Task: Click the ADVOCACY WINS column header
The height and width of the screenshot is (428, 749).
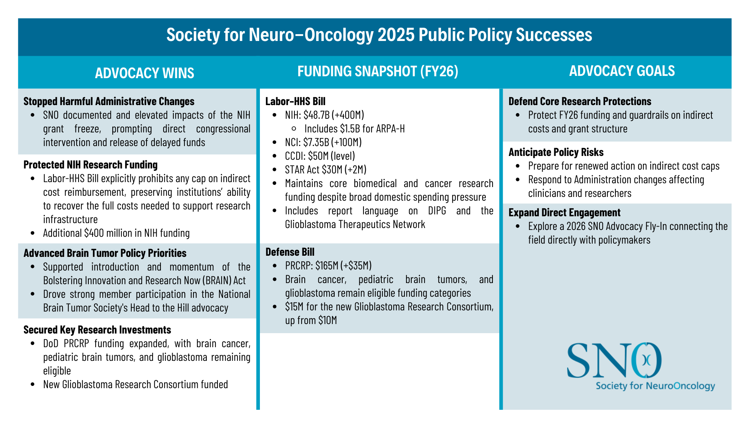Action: pos(145,73)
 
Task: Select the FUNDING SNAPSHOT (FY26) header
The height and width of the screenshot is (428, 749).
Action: pos(378,71)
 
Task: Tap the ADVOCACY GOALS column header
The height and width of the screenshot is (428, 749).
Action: pos(622,71)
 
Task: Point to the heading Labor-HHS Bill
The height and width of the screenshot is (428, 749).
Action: pos(295,101)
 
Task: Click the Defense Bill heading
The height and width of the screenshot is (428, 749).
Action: pos(290,252)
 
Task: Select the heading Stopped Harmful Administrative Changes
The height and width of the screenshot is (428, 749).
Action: pos(109,101)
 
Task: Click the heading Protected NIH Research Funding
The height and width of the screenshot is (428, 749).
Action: pos(90,165)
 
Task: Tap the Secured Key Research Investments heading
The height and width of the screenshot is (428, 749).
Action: pos(97,330)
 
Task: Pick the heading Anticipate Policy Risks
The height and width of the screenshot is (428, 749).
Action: pos(556,152)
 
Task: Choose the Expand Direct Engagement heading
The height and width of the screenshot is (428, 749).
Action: pos(564,212)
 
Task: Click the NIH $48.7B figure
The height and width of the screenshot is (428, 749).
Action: pos(316,115)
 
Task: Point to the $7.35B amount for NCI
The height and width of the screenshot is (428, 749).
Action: pos(316,142)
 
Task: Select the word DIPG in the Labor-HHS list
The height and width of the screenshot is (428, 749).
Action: pos(437,211)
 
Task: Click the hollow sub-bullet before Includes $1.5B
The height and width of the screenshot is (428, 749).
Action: pos(294,129)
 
